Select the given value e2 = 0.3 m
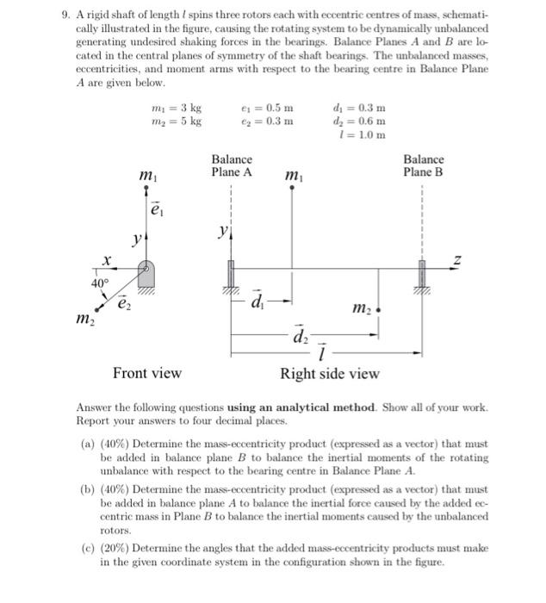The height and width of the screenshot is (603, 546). click(x=268, y=121)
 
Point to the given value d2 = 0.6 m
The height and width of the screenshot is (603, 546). click(x=358, y=121)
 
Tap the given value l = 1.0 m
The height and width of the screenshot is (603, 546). click(x=363, y=134)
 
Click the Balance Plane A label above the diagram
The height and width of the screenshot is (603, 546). click(x=232, y=165)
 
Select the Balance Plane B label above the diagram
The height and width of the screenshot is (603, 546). click(x=423, y=165)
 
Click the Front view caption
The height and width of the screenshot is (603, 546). click(x=147, y=373)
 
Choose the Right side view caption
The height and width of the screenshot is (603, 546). click(x=329, y=373)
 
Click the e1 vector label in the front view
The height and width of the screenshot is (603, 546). click(x=156, y=208)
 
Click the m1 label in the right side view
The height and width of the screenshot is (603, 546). click(x=294, y=177)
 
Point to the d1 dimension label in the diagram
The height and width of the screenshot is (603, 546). click(x=257, y=303)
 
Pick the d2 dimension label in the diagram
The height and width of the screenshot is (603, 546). click(x=304, y=336)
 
